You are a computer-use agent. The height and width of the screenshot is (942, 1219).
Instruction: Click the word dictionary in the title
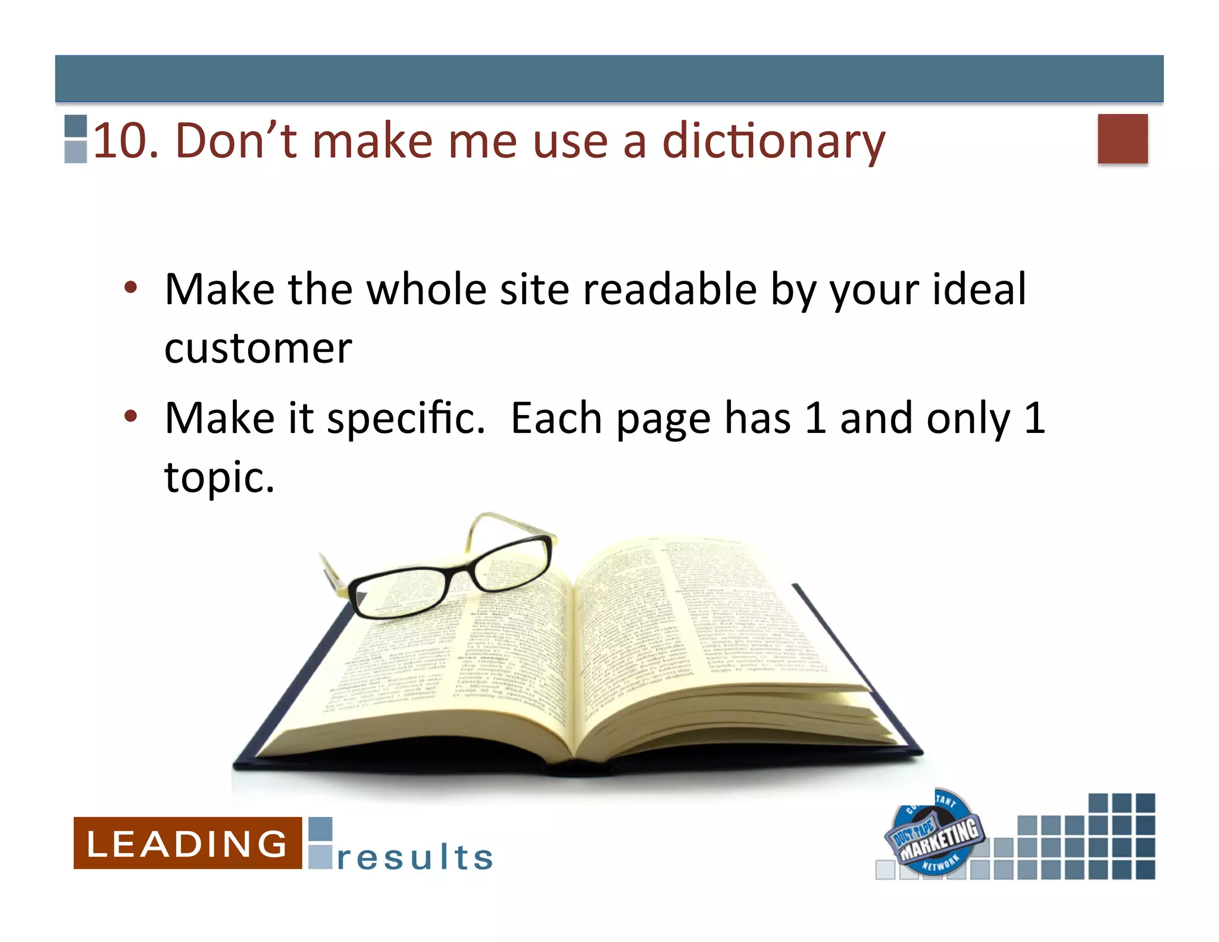[x=773, y=141]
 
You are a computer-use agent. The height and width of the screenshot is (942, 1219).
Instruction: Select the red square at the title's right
[x=1122, y=138]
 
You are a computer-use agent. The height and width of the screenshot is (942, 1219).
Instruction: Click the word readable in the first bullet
[x=670, y=289]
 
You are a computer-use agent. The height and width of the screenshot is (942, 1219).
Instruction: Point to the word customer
[x=258, y=348]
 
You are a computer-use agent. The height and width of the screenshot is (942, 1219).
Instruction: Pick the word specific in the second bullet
[x=406, y=419]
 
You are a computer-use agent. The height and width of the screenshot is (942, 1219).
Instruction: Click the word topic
[x=219, y=478]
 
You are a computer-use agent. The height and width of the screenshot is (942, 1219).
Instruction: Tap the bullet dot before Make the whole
[x=131, y=288]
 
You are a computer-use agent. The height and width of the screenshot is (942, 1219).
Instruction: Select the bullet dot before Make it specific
[x=131, y=416]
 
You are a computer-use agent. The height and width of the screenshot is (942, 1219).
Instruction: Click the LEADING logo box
[x=187, y=843]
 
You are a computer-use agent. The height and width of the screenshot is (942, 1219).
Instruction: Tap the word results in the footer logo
[x=415, y=857]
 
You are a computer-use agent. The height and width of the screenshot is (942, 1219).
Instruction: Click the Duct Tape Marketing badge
[x=935, y=834]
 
